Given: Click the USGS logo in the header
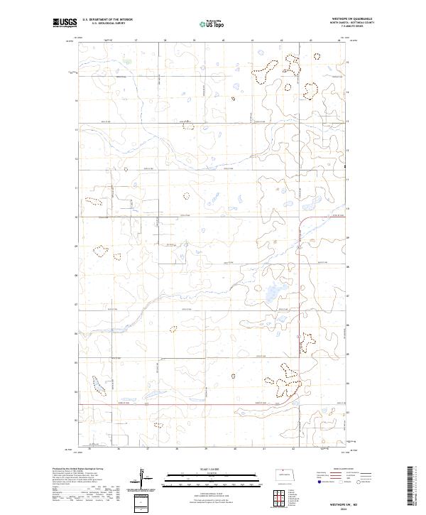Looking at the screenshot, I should click(65, 23).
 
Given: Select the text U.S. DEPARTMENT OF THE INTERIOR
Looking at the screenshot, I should click(107, 20).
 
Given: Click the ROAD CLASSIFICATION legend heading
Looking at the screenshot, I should click(342, 469).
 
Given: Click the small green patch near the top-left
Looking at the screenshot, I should click(129, 60).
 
